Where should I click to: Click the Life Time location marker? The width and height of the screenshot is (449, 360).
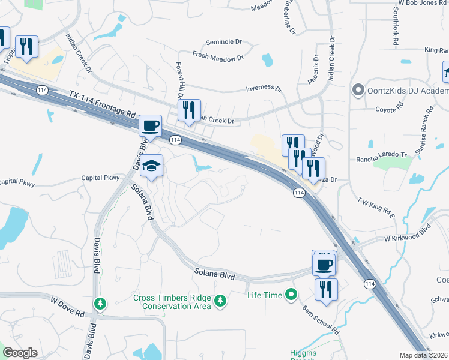click(x=291, y=294)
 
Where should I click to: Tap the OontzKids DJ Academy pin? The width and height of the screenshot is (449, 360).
click(x=358, y=91)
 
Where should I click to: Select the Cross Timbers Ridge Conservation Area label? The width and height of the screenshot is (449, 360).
click(x=172, y=302)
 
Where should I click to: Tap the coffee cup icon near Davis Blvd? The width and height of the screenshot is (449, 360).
click(x=150, y=126)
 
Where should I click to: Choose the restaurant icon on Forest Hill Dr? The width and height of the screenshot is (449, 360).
click(x=189, y=110)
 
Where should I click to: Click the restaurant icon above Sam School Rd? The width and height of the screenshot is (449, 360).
click(x=326, y=289)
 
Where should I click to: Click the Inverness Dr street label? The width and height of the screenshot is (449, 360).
click(x=264, y=88)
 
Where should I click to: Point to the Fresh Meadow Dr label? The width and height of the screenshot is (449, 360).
click(x=217, y=56)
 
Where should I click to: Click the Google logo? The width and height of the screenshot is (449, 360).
click(x=20, y=353)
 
